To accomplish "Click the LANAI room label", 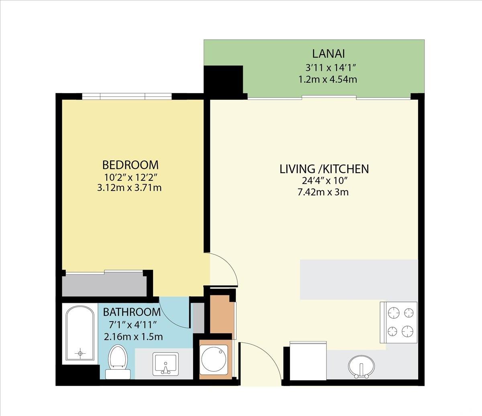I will click(329, 53).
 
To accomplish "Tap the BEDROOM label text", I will click(130, 165).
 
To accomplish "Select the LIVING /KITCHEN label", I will click(324, 169).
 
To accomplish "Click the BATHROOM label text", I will click(132, 312).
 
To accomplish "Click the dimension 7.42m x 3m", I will click(323, 192).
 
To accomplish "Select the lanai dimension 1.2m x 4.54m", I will click(328, 79).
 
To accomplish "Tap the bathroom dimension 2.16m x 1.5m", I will click(133, 336).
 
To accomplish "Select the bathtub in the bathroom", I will click(80, 333).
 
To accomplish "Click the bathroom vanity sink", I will click(166, 363).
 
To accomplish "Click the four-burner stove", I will click(399, 322).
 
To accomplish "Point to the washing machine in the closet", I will click(214, 359).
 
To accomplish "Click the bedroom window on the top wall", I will click(127, 96).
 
